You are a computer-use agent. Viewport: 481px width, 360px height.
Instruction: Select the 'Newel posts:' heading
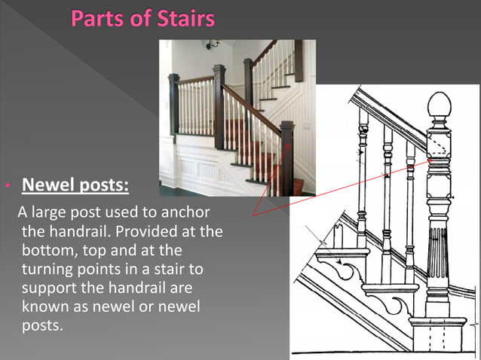tap(75, 185)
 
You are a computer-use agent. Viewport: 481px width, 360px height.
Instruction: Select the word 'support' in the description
tap(45, 288)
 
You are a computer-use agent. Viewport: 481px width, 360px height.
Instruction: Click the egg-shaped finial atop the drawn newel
tap(438, 105)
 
